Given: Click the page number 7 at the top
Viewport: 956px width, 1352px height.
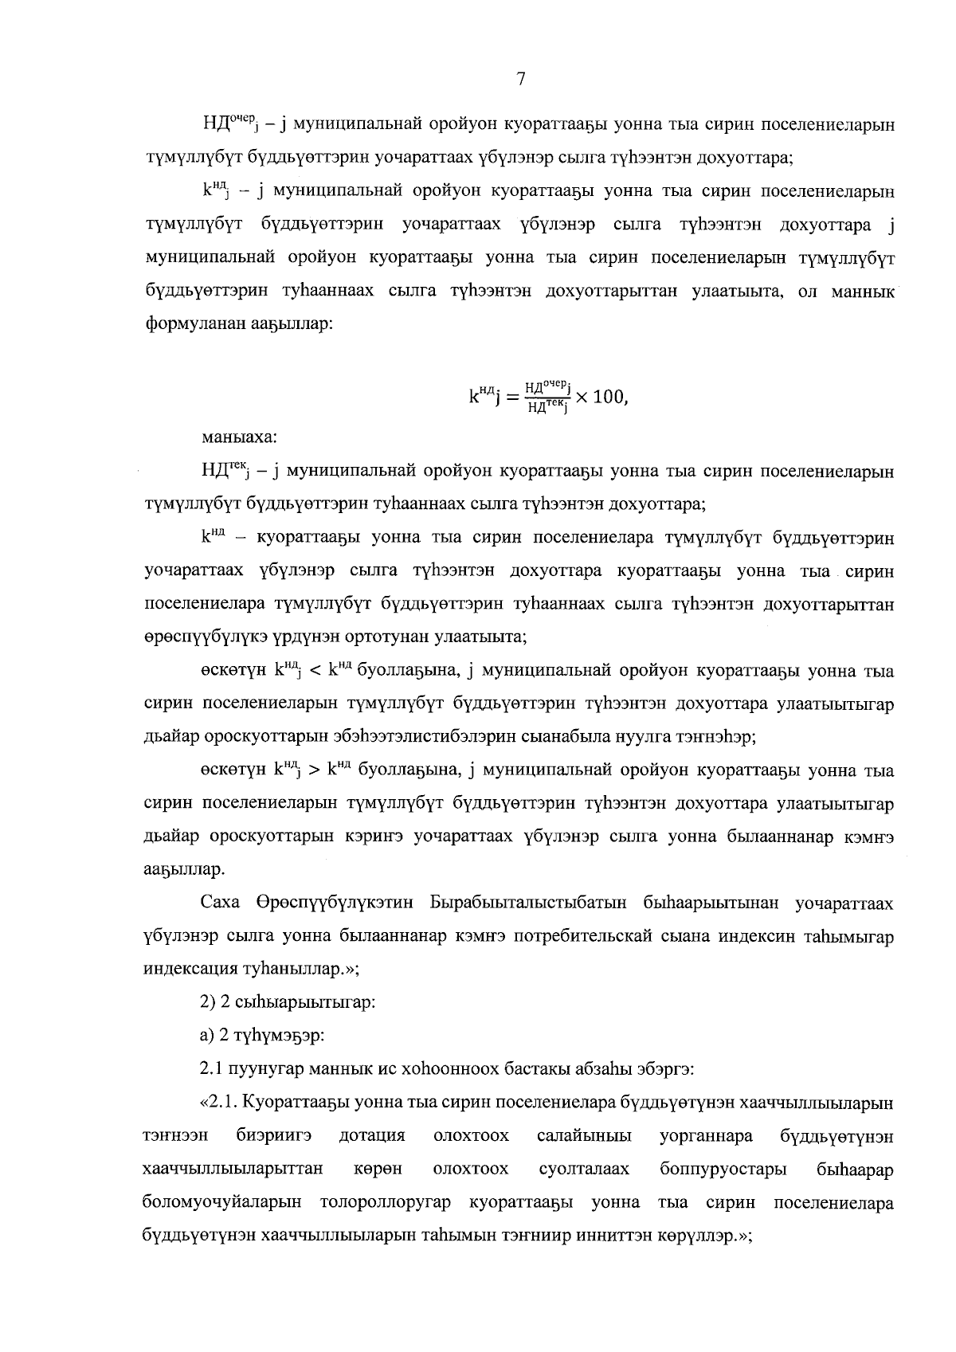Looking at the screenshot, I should [520, 79].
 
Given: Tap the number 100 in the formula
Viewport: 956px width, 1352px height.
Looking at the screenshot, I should [609, 397].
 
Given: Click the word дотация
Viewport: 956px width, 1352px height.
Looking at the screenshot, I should [372, 1136].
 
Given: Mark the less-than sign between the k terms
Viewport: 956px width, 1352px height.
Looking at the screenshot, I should [314, 672].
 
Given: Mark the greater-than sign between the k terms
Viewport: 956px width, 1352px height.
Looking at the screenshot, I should [314, 771].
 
